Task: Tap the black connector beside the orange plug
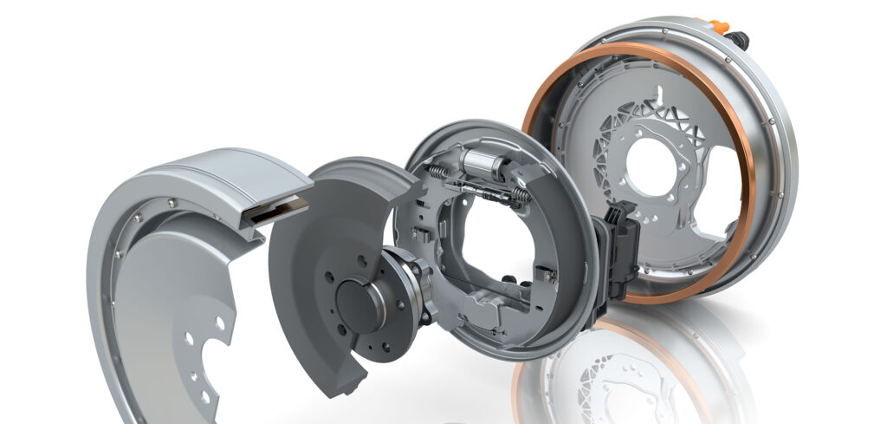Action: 738,38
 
